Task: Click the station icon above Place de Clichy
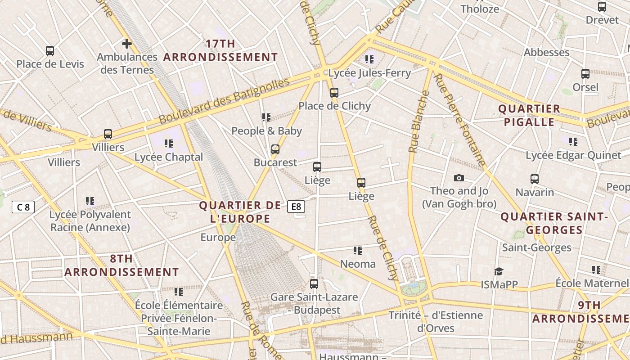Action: [x=334, y=93]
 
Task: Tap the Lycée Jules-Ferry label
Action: [x=369, y=73]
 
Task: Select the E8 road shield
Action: [x=296, y=207]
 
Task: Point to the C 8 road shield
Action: [x=23, y=207]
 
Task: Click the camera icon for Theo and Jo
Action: [x=459, y=178]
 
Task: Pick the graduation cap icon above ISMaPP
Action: [x=499, y=271]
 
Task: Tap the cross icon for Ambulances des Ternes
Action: [x=127, y=44]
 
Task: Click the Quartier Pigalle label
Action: [x=529, y=115]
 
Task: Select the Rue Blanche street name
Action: [x=418, y=121]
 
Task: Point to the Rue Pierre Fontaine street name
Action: [x=459, y=120]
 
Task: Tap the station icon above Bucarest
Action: [x=275, y=149]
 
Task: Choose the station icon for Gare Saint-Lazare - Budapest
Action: [x=314, y=284]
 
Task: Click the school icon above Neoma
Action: [x=358, y=251]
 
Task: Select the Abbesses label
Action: [x=546, y=53]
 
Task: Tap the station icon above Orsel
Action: [x=585, y=74]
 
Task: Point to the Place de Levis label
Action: [x=50, y=64]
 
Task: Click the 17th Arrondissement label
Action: [x=220, y=50]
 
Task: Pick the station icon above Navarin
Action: [x=535, y=179]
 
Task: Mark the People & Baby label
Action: [x=266, y=131]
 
